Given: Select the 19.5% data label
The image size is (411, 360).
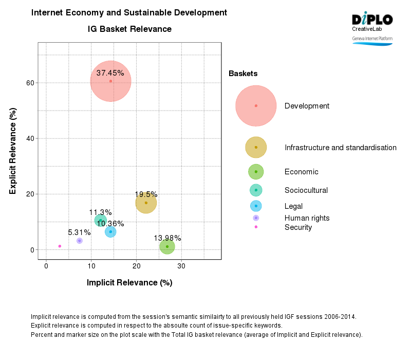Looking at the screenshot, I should (x=146, y=194).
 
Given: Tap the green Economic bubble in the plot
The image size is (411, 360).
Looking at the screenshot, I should (x=167, y=247).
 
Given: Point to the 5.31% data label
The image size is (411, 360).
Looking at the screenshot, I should (x=79, y=232).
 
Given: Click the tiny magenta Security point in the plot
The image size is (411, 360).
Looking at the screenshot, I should (x=60, y=246).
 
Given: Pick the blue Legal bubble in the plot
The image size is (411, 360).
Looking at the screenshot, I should (x=110, y=232).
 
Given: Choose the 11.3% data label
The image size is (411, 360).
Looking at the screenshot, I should (x=100, y=212).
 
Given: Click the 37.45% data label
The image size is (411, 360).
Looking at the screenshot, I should (x=110, y=73).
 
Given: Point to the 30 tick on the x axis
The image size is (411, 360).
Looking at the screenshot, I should (x=181, y=265).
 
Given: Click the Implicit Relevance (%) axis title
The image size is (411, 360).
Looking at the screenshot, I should (x=129, y=282).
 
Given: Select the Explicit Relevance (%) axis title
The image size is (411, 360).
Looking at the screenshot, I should (x=13, y=151).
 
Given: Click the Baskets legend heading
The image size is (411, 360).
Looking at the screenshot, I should (x=243, y=74).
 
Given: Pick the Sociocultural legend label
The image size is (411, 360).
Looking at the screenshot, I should (x=306, y=190).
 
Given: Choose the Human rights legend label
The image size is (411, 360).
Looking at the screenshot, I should (x=307, y=218).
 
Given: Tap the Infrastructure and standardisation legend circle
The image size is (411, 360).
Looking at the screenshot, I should (x=256, y=148).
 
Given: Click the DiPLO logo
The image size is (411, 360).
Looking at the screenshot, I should (x=372, y=20).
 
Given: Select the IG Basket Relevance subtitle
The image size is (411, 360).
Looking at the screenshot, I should (x=129, y=29).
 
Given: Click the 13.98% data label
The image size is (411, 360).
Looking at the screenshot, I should (x=167, y=238).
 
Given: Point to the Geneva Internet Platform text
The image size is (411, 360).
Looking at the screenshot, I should (x=372, y=39).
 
